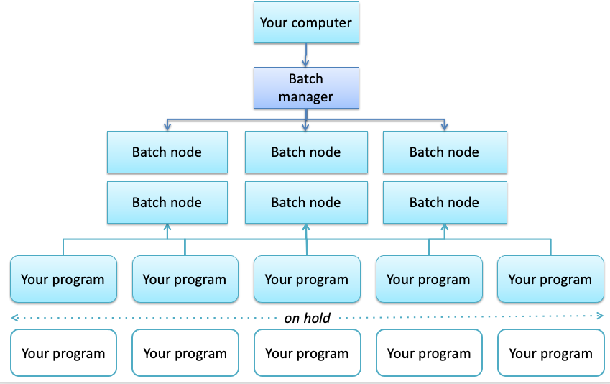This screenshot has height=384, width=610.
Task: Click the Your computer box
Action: coord(306,23)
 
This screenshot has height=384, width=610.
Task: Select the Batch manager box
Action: coord(306,88)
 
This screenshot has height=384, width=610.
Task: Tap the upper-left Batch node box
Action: coord(167,152)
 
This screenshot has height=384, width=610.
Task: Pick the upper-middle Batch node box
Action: coord(305,152)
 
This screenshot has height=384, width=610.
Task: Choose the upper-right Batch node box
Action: coord(444,152)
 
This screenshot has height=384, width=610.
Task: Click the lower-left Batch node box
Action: coord(167,203)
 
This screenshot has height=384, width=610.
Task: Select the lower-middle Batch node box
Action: coord(305,203)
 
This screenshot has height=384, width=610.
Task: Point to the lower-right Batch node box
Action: coord(444,203)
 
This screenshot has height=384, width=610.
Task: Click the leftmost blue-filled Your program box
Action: coord(63,279)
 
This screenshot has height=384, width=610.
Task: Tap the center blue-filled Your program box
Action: coord(307,279)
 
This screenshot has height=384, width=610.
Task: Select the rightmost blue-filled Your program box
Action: coord(550,279)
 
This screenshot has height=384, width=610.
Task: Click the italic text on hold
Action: coord(307,318)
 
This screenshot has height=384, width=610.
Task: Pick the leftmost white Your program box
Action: coord(63,353)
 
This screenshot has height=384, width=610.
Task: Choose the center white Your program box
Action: coord(307,353)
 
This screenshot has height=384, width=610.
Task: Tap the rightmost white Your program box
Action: coord(550,353)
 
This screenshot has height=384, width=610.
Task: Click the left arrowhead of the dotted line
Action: coord(14,317)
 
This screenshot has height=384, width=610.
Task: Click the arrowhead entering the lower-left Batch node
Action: coord(167,227)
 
